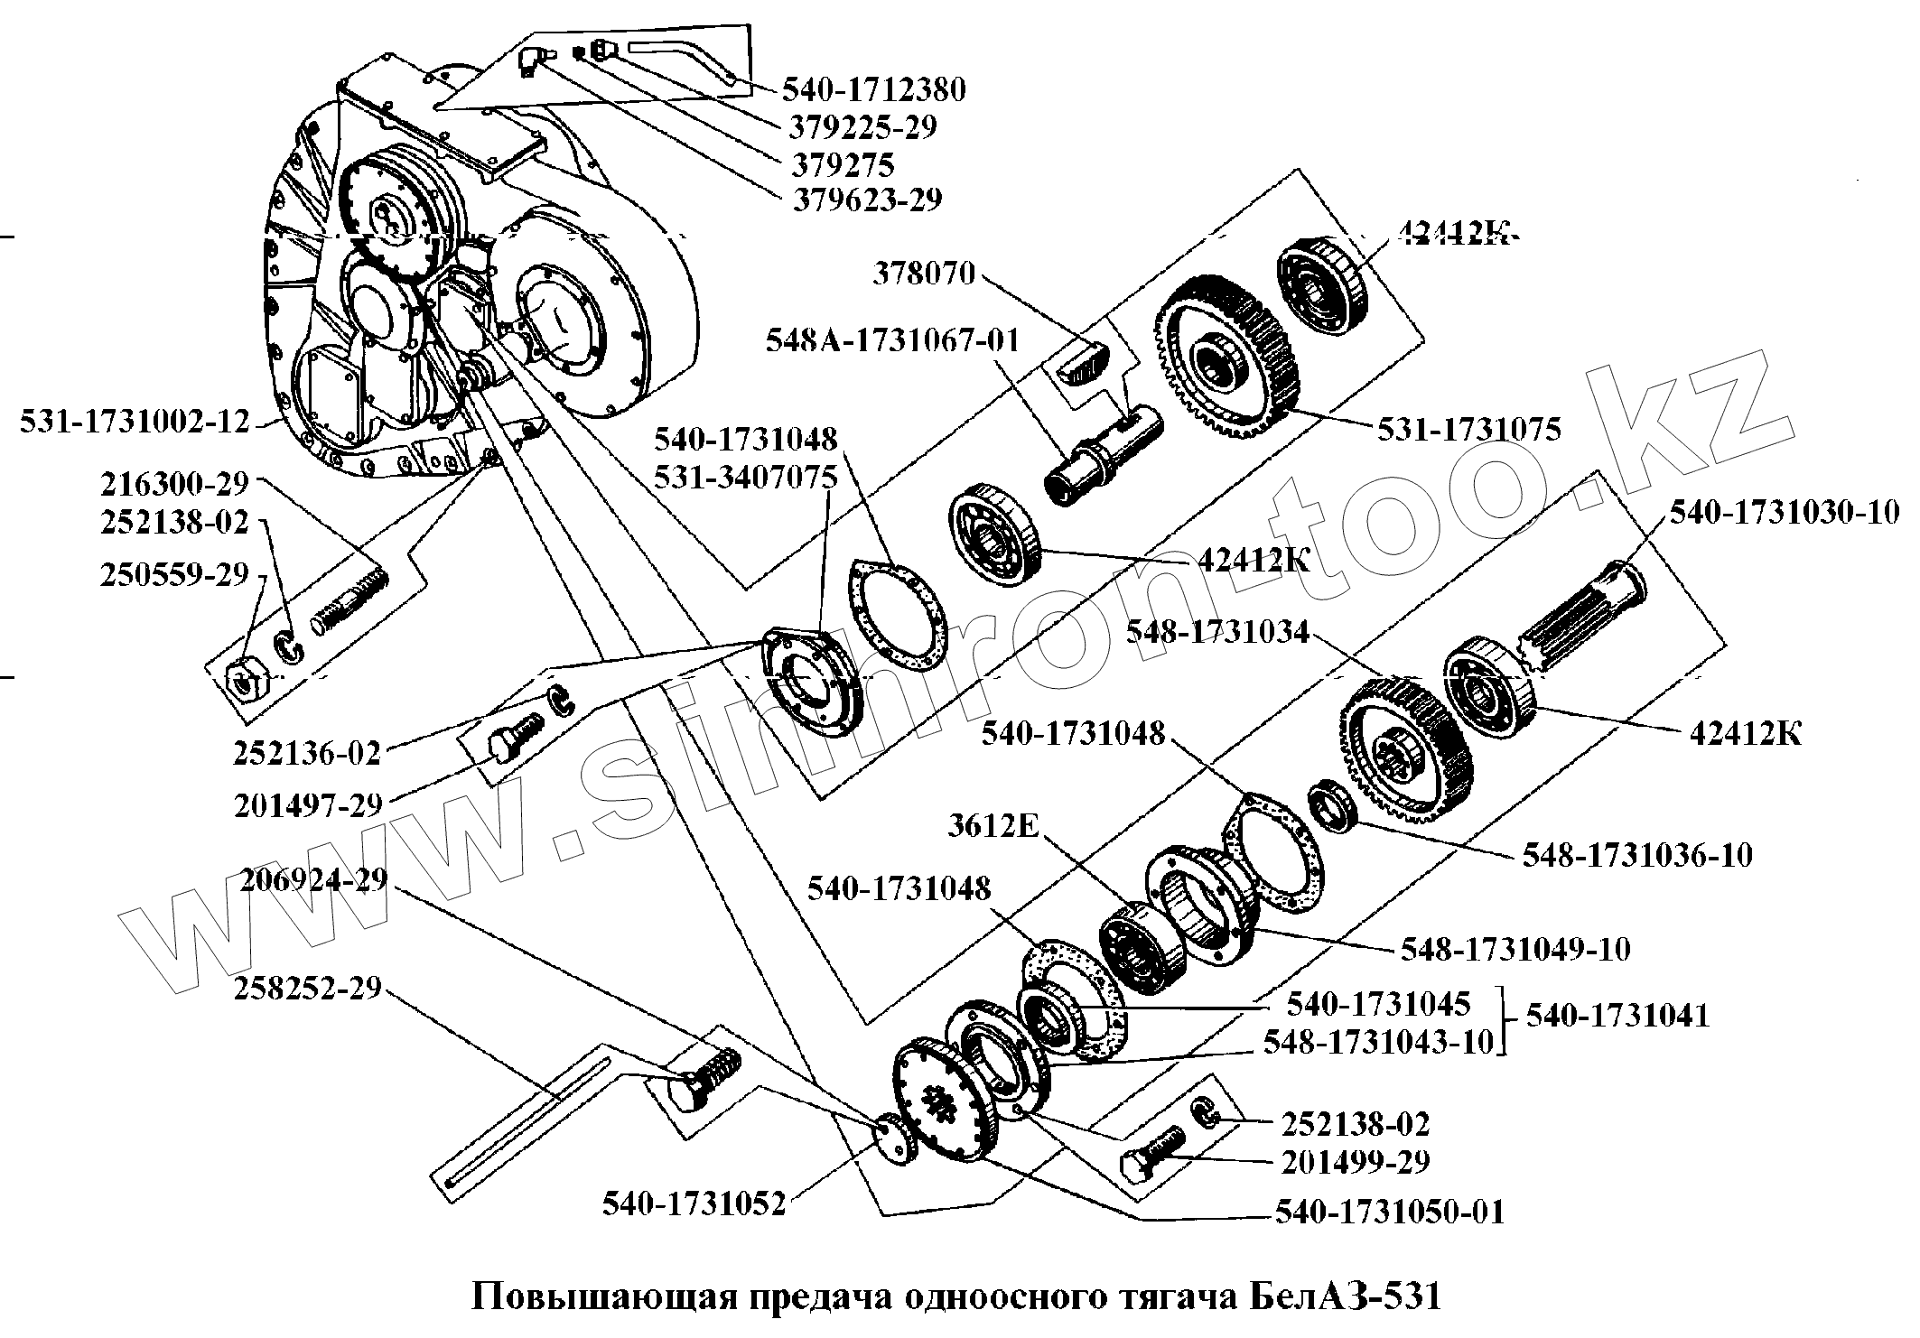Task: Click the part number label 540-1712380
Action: [x=874, y=89]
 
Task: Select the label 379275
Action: [x=843, y=164]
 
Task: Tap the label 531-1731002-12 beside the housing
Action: [x=135, y=421]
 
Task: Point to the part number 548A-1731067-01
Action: [x=892, y=340]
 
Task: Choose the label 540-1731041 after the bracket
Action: [x=1617, y=1016]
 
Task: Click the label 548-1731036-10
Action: [x=1637, y=855]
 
